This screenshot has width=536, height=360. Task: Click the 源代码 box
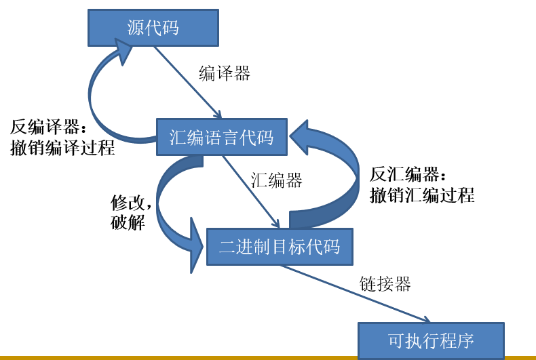pos(153,28)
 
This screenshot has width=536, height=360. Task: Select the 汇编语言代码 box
pos(222,138)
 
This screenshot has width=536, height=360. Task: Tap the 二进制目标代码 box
pos(280,246)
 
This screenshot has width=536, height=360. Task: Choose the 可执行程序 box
pos(431,340)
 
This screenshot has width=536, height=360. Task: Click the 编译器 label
pos(225,73)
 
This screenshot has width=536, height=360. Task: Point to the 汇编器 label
pos(276,180)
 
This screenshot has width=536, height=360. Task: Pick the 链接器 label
pos(385,283)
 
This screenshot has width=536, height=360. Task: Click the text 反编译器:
pos(48,127)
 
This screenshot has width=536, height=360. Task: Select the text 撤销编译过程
pos(62,148)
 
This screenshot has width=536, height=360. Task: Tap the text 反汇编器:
pos(408,174)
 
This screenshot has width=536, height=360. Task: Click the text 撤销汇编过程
pos(422,195)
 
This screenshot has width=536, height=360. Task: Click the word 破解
pos(128,222)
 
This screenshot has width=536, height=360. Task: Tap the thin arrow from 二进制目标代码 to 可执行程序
pos(356,294)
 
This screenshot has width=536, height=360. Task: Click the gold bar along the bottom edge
pos(176,357)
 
